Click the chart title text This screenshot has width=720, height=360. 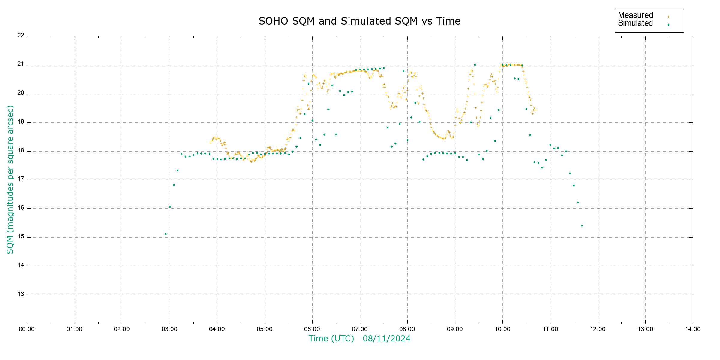pyautogui.click(x=359, y=21)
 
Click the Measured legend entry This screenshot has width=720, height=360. pyautogui.click(x=635, y=15)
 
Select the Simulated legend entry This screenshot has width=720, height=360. pyautogui.click(x=635, y=23)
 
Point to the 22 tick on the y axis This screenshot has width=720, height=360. pyautogui.click(x=21, y=35)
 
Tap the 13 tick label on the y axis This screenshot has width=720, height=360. pyautogui.click(x=21, y=294)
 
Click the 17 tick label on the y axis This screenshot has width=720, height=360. pyautogui.click(x=21, y=179)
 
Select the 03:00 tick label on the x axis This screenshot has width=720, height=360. pyautogui.click(x=169, y=329)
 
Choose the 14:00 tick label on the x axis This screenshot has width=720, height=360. pyautogui.click(x=693, y=329)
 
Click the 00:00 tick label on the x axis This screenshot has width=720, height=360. pyautogui.click(x=27, y=329)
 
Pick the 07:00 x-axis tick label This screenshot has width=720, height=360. pyautogui.click(x=360, y=329)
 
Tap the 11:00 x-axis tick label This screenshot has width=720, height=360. pyautogui.click(x=550, y=329)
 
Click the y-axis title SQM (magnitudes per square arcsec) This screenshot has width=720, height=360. pyautogui.click(x=10, y=179)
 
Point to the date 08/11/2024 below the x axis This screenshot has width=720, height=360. pyautogui.click(x=386, y=339)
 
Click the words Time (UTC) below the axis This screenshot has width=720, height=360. pyautogui.click(x=331, y=339)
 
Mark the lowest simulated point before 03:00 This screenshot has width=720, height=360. pyautogui.click(x=166, y=234)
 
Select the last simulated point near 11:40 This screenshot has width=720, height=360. pyautogui.click(x=582, y=226)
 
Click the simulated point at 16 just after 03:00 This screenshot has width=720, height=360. pyautogui.click(x=170, y=207)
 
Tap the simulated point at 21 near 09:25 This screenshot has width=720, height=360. pyautogui.click(x=475, y=65)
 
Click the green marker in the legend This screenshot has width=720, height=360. pyautogui.click(x=668, y=25)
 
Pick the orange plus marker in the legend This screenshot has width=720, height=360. pyautogui.click(x=668, y=17)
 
